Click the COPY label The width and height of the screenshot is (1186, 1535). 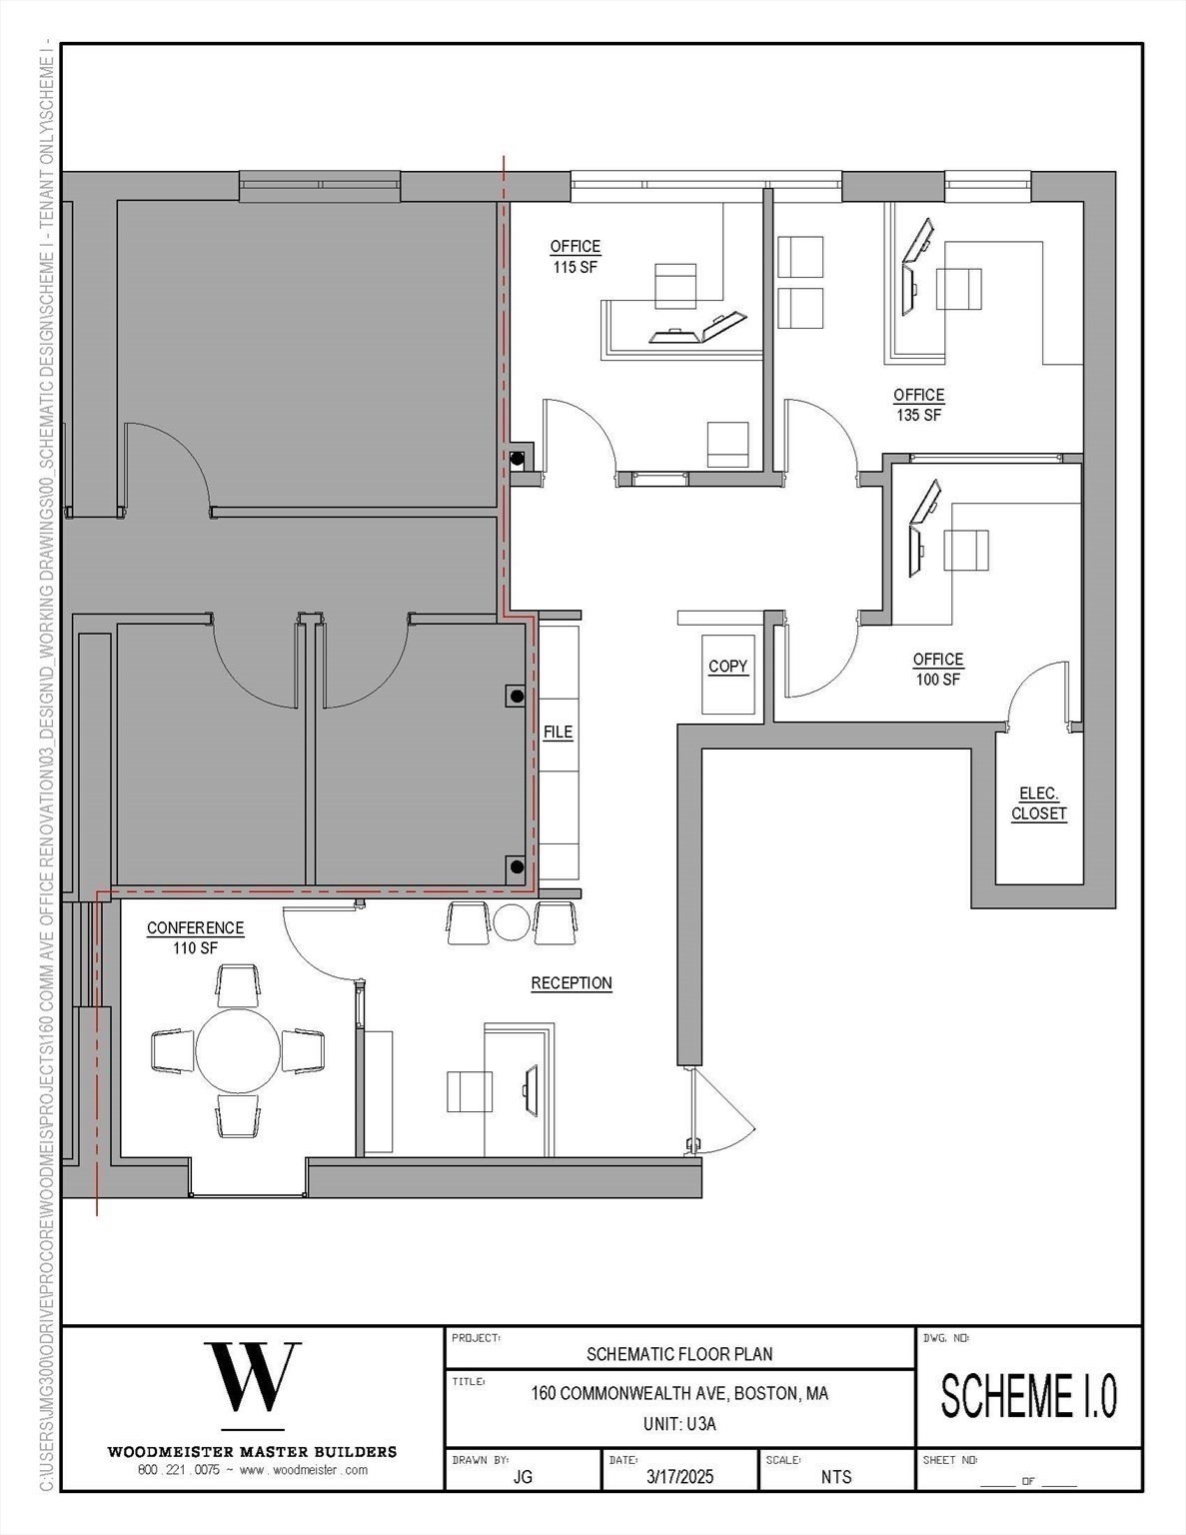point(727,667)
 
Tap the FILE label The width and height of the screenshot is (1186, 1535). point(558,732)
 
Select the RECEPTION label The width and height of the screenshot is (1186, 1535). point(571,983)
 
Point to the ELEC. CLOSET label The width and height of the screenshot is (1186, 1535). point(1038,803)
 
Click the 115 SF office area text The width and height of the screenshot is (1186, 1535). point(575,267)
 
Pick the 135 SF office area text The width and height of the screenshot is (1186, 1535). point(918,415)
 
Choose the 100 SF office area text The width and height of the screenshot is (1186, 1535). point(937,680)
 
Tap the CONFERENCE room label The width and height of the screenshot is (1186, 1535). point(195,928)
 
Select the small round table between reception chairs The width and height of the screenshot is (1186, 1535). point(512,921)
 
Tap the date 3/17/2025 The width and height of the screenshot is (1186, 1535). point(679,1476)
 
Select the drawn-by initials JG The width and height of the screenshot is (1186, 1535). point(523,1476)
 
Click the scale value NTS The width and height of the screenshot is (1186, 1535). point(836,1476)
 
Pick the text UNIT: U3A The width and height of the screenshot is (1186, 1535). point(679,1424)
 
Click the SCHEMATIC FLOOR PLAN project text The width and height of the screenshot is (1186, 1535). point(679,1354)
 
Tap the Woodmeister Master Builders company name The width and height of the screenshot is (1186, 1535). point(252,1451)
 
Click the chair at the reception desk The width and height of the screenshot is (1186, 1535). point(469,1090)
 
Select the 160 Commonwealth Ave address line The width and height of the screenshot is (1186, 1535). point(679,1393)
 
